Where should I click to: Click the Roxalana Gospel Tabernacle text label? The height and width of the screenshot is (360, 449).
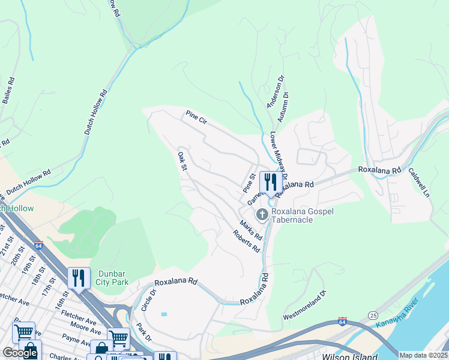tap(303, 215)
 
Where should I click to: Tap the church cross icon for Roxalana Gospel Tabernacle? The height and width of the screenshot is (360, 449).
tap(262, 214)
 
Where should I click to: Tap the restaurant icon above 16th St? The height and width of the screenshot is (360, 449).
tap(79, 278)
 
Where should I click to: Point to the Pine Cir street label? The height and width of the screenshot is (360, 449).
tap(196, 117)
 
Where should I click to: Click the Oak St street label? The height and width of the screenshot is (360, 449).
tap(182, 160)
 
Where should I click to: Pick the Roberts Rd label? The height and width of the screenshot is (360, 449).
tap(247, 240)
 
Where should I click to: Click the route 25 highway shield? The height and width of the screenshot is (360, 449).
tap(373, 314)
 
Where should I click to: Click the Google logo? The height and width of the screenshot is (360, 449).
tap(20, 353)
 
